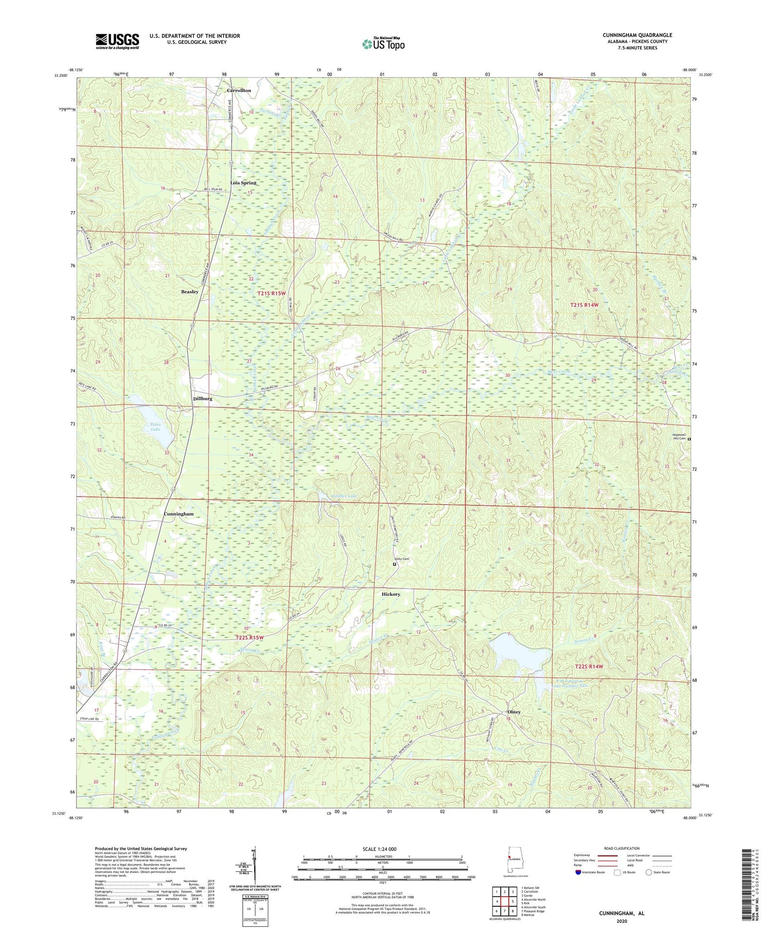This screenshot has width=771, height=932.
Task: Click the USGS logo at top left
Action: tap(117, 41)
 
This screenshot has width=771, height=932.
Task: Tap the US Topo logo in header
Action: tap(383, 44)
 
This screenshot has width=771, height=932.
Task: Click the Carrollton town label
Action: tap(239, 90)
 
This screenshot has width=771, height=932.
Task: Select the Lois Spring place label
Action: tap(243, 183)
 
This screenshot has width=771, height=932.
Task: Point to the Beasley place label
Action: tap(190, 292)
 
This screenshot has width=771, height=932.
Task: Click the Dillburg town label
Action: tap(203, 399)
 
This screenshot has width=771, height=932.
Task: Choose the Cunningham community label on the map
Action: tap(179, 514)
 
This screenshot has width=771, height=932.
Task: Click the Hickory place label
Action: tap(391, 594)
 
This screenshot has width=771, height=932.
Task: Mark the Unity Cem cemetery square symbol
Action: tap(395, 564)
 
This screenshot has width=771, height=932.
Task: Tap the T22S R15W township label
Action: tap(249, 637)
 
